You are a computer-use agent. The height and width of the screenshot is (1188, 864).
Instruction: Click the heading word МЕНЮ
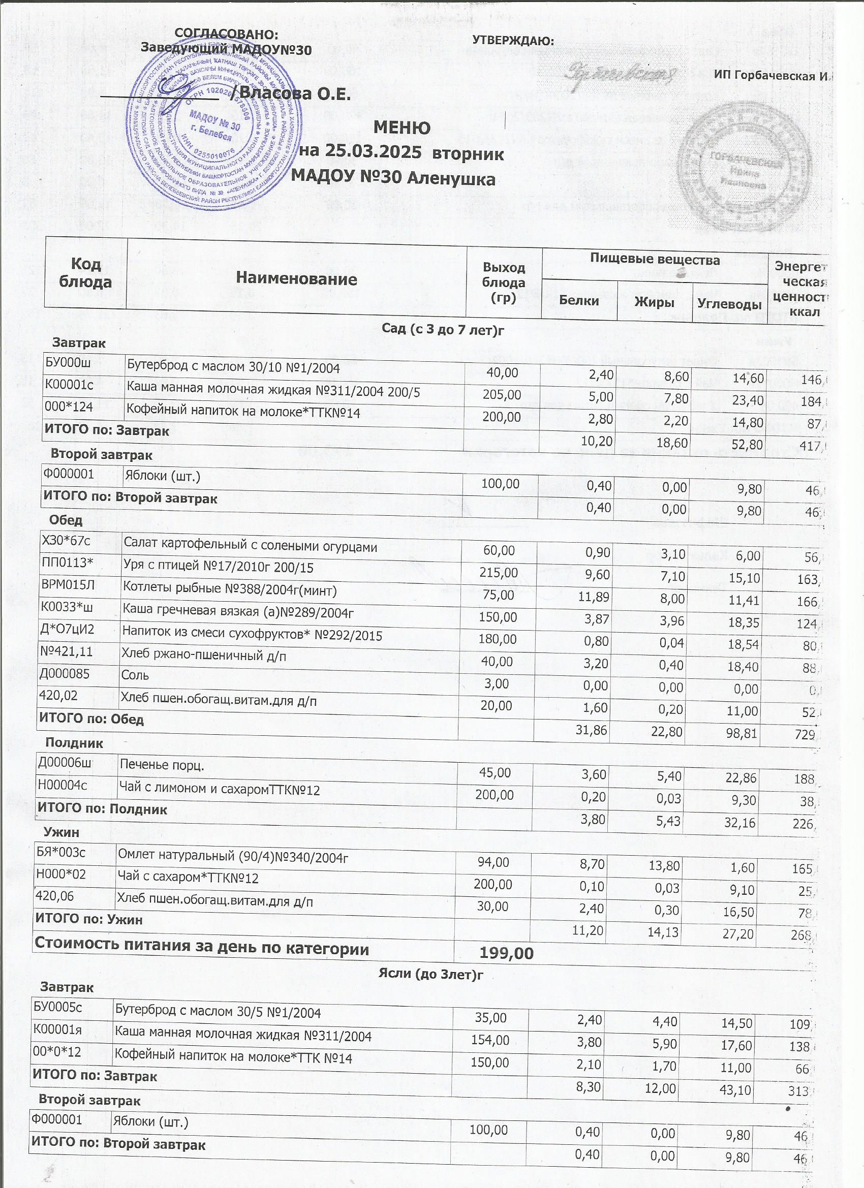tap(402, 128)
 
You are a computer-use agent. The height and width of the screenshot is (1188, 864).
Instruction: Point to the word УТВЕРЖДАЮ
tap(513, 40)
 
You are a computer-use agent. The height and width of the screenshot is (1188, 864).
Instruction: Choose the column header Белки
tap(578, 300)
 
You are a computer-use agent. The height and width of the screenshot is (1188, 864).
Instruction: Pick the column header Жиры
tap(654, 302)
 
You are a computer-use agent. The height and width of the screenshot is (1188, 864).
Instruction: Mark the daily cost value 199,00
tap(506, 953)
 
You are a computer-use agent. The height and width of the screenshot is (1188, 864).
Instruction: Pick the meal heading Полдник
tap(74, 742)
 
